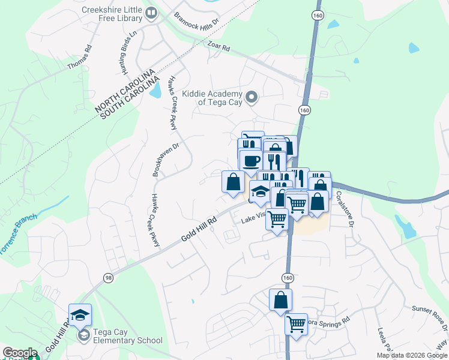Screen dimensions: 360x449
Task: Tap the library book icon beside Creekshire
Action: click(152, 12)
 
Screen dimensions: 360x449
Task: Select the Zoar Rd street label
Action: click(218, 47)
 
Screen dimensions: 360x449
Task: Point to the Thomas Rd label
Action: click(79, 56)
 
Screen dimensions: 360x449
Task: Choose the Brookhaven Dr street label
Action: click(158, 159)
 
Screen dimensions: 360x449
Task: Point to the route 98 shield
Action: click(109, 278)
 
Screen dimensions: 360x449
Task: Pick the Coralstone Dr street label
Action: click(344, 209)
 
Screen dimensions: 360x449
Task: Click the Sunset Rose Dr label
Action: click(429, 316)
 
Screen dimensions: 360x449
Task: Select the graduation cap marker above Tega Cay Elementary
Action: click(80, 314)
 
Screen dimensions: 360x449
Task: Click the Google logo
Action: click(20, 353)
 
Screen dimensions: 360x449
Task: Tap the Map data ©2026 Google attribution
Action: click(412, 355)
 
